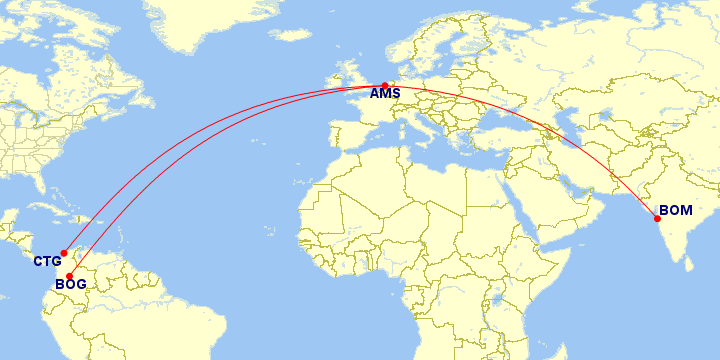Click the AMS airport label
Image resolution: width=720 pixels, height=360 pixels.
click(x=385, y=95)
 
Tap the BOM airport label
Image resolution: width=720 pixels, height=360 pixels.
click(x=675, y=211)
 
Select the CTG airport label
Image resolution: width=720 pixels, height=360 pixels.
click(x=47, y=262)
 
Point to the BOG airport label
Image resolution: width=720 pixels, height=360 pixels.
click(x=70, y=285)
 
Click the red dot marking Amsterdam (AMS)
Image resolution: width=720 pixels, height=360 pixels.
click(x=385, y=85)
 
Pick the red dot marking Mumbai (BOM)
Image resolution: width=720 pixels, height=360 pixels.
click(x=658, y=218)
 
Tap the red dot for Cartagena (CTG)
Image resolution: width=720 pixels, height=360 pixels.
click(x=64, y=252)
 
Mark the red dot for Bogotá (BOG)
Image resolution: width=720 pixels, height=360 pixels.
click(x=69, y=276)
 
